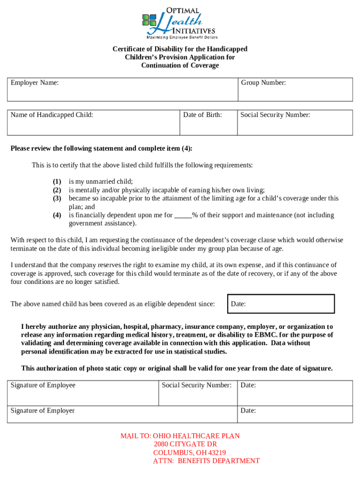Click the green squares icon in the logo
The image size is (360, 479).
(149, 20)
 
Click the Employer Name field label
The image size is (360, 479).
(35, 83)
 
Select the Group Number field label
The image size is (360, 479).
(263, 83)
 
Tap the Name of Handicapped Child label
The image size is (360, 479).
(52, 115)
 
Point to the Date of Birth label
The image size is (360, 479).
(202, 115)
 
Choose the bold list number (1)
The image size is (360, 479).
(57, 181)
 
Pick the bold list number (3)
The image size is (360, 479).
(57, 198)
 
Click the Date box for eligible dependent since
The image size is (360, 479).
(281, 304)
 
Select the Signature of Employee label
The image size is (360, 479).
(43, 385)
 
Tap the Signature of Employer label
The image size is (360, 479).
(43, 411)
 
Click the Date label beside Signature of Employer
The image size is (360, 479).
(248, 411)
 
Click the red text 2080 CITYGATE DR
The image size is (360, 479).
(185, 444)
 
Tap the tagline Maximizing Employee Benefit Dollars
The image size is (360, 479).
(182, 37)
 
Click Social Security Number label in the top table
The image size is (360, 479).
(275, 115)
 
